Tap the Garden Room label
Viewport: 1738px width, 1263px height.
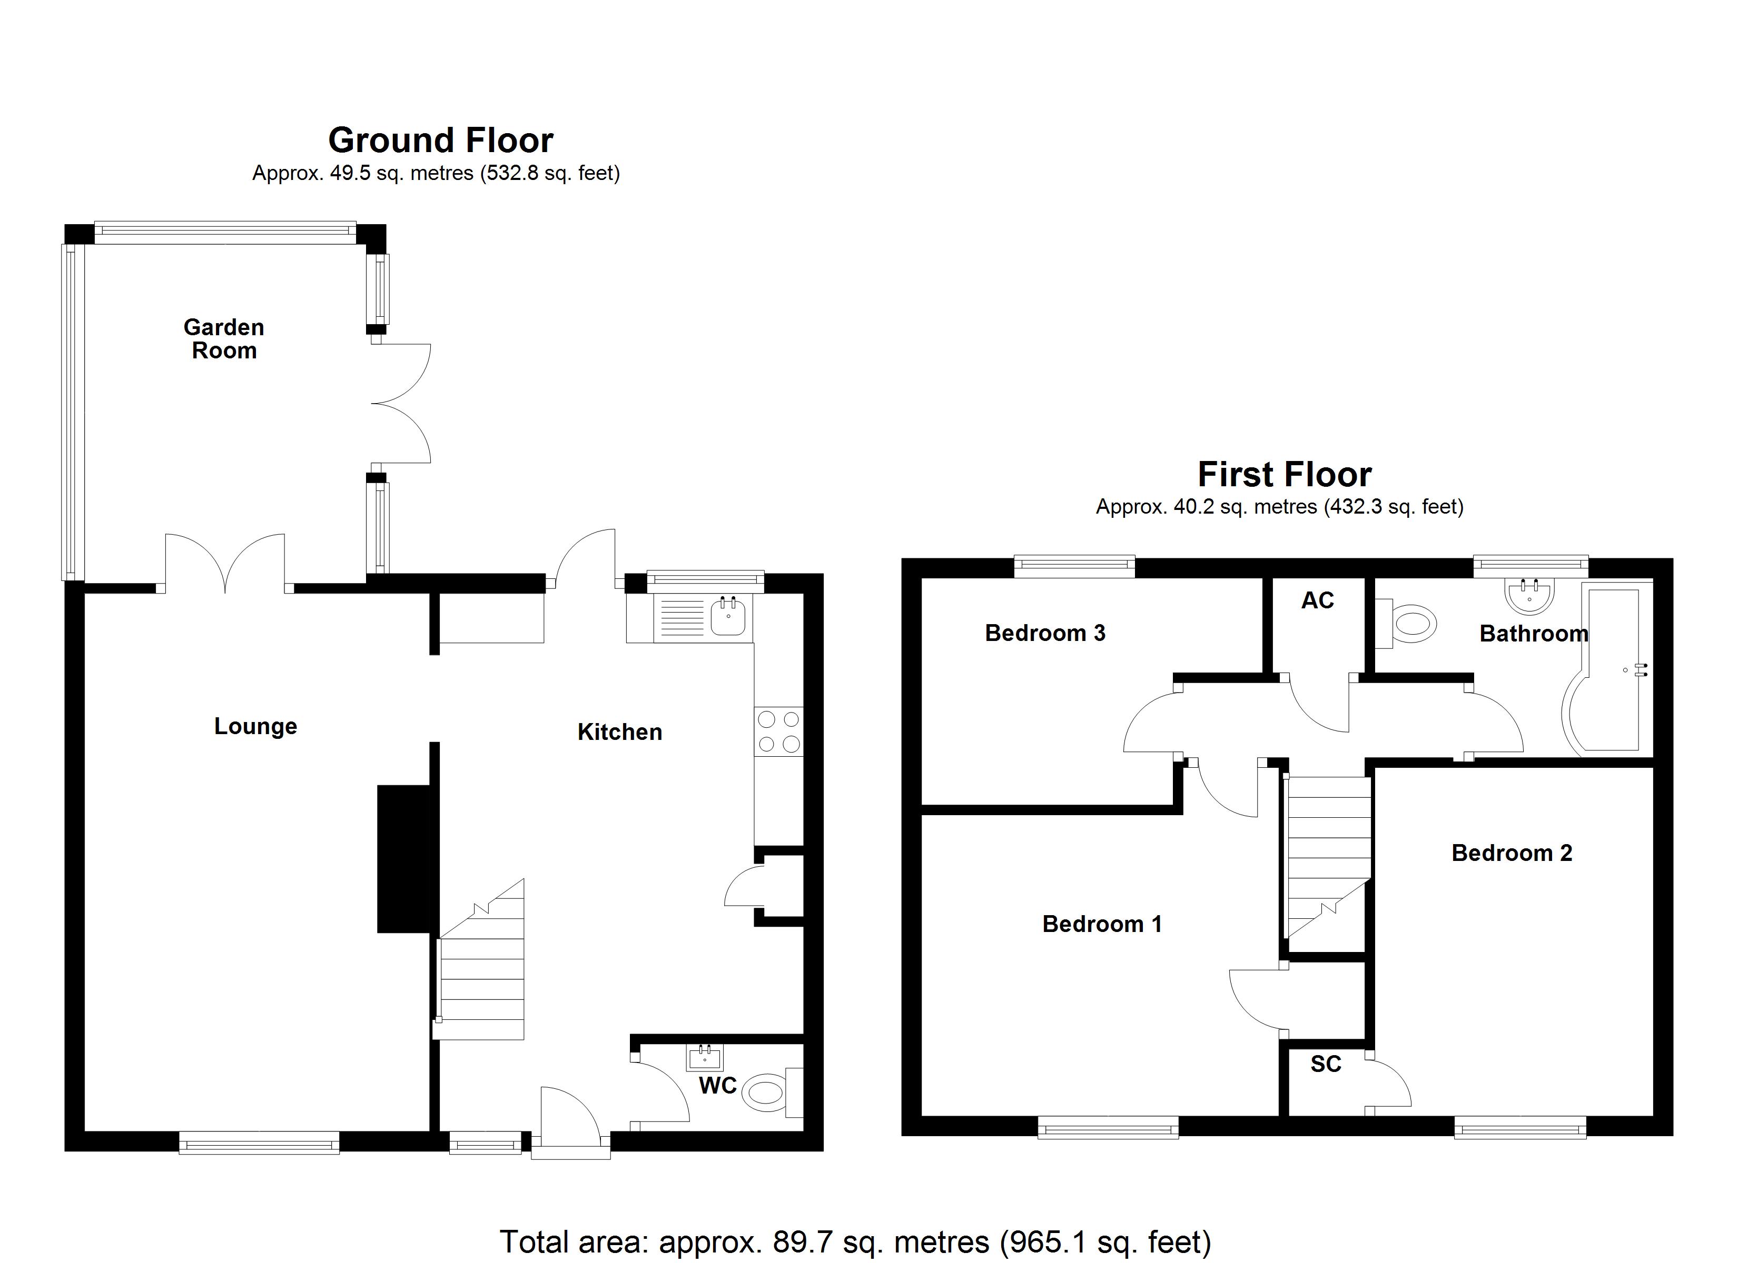(224, 338)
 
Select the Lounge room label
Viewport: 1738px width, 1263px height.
(255, 726)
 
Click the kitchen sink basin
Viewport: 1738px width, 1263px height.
(727, 617)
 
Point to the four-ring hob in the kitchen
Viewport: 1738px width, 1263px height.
(778, 731)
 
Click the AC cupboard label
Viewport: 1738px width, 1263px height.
(1317, 600)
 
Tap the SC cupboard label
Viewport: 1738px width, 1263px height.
(1326, 1065)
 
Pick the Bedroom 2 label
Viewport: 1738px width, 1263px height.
(1511, 853)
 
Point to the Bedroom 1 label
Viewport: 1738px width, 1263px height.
(1101, 925)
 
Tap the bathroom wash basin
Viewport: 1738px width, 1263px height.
(1529, 596)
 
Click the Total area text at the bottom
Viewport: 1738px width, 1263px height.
(855, 1241)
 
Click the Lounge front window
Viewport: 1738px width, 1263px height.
(259, 1144)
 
